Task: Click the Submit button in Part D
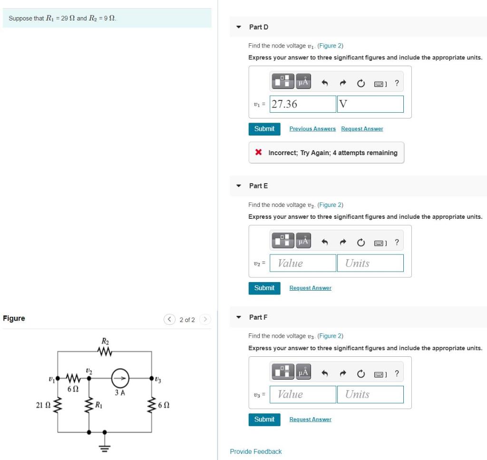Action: pyautogui.click(x=264, y=129)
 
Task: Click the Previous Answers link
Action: pyautogui.click(x=312, y=129)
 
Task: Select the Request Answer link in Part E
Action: pyautogui.click(x=310, y=288)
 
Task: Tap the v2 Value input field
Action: pyautogui.click(x=303, y=263)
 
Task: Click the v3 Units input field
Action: pyautogui.click(x=370, y=394)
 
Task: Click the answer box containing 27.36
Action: pyautogui.click(x=303, y=104)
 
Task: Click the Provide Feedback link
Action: pyautogui.click(x=255, y=451)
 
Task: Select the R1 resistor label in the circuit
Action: pyautogui.click(x=99, y=405)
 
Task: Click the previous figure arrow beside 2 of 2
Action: pyautogui.click(x=170, y=320)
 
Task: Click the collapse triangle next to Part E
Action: pyautogui.click(x=239, y=186)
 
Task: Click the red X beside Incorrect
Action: pyautogui.click(x=258, y=153)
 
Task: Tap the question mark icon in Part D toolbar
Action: pyautogui.click(x=397, y=83)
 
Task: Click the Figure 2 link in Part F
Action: pyautogui.click(x=330, y=336)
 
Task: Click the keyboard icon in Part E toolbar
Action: pyautogui.click(x=379, y=243)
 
